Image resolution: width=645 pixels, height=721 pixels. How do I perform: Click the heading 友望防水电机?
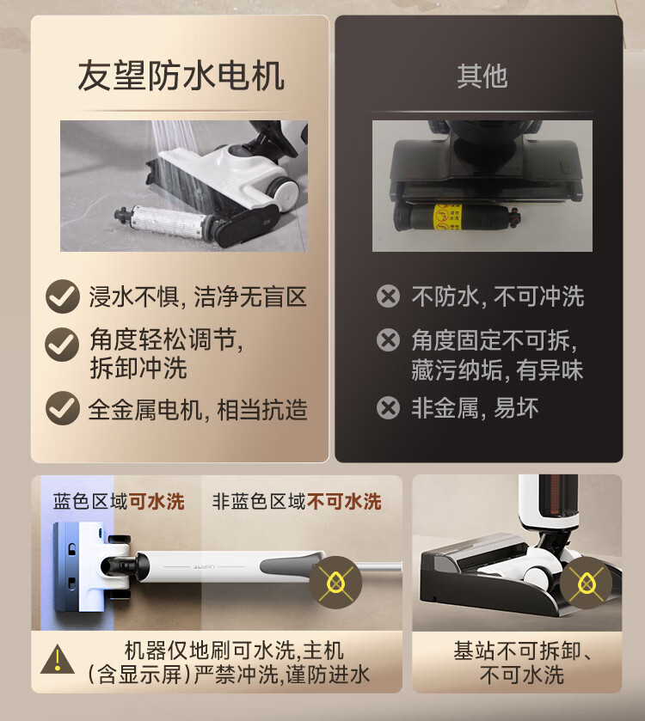coord(181,76)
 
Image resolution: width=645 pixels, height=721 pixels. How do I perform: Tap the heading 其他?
coord(482,76)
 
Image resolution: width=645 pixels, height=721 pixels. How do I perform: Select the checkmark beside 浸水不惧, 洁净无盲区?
coord(63,296)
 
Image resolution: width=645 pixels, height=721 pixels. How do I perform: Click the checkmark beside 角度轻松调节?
coord(62,345)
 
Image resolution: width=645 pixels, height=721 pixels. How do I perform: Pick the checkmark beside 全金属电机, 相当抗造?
coord(63,408)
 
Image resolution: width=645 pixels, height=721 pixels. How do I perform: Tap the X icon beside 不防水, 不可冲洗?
coord(388,296)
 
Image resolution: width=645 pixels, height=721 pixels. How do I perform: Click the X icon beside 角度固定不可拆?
coord(388,340)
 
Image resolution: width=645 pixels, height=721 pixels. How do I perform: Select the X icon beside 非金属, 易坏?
coord(388,408)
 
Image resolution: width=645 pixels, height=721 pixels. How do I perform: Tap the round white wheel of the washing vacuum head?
coord(286,193)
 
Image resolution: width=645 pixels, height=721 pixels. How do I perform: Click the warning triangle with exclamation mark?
coord(58,659)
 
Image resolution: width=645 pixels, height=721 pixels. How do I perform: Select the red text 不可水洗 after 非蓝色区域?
coord(344,502)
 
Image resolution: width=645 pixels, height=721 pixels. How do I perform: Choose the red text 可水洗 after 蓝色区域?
coord(157,502)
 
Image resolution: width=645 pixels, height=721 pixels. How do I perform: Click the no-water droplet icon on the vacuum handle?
coord(336,583)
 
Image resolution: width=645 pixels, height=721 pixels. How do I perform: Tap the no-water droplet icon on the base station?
coord(587,583)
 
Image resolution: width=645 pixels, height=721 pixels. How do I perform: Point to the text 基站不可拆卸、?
coord(522,651)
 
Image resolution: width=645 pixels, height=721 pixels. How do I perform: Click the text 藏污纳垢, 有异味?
coord(497,370)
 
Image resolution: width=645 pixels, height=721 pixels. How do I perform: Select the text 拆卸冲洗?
coord(138,369)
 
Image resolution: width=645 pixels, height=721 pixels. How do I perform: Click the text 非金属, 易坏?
coord(475,408)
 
